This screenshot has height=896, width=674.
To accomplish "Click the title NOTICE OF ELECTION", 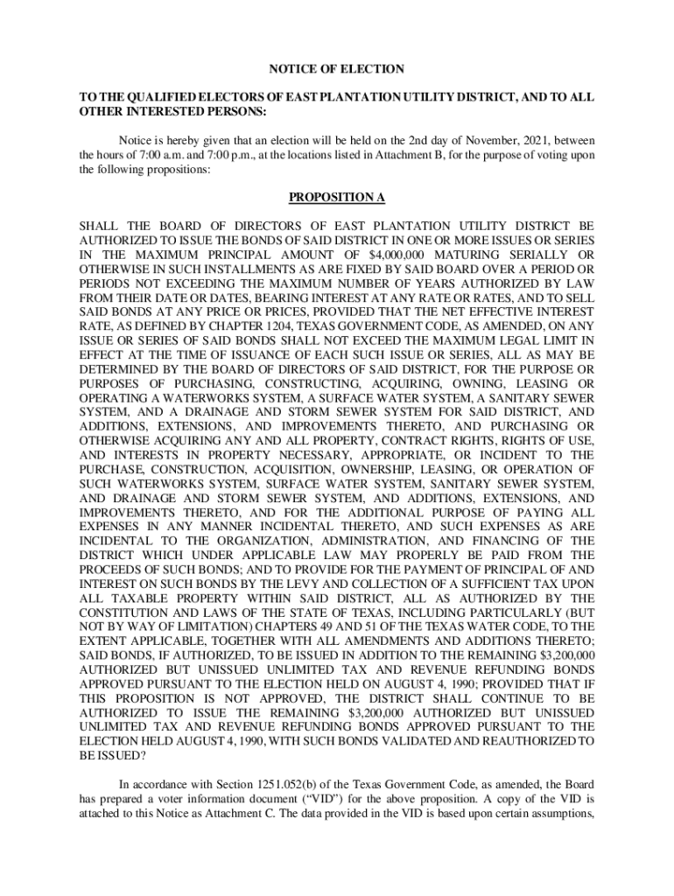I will click(336, 68).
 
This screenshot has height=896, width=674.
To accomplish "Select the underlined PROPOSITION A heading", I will click(337, 199).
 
